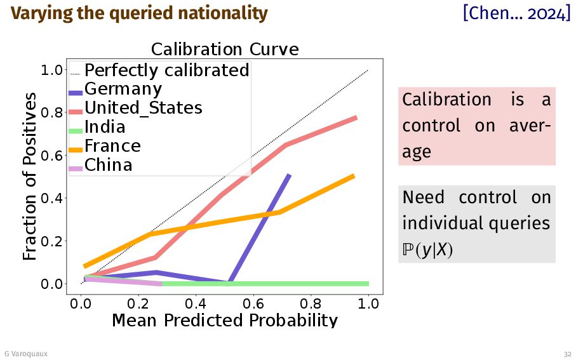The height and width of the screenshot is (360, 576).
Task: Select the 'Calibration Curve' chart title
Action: tap(224, 50)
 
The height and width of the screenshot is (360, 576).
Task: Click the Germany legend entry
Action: tap(123, 90)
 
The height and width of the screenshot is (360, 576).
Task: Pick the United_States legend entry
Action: tap(143, 108)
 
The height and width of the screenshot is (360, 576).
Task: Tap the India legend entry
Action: tap(105, 127)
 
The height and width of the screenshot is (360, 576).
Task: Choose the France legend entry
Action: tap(112, 146)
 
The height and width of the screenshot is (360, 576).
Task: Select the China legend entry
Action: tap(108, 165)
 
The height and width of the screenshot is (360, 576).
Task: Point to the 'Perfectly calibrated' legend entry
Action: tap(166, 70)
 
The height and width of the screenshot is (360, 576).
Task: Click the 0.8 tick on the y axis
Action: tap(53, 112)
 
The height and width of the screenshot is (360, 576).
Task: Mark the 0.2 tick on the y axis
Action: tap(53, 241)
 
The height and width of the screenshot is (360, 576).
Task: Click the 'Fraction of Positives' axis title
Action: tap(30, 176)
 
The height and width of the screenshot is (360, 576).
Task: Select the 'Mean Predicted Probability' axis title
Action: tap(224, 319)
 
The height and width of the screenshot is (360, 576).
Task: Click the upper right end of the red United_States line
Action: tap(355, 117)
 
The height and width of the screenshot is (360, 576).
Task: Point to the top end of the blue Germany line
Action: tap(289, 175)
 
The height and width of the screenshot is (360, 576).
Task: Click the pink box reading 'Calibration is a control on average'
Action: tap(476, 126)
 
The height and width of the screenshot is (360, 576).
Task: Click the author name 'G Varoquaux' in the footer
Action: tap(25, 353)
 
